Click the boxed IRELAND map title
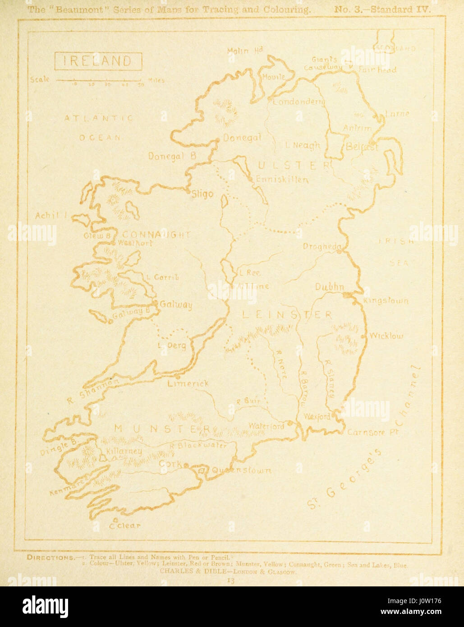98,61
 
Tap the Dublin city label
329,287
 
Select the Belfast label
361,147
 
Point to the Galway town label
176,305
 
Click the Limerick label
188,384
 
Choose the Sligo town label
202,194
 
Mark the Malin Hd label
244,51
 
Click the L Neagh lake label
303,145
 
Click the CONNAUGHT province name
156,235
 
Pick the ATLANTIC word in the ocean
98,118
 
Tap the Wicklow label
386,336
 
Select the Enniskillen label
282,180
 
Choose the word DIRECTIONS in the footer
51,557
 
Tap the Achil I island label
51,216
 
